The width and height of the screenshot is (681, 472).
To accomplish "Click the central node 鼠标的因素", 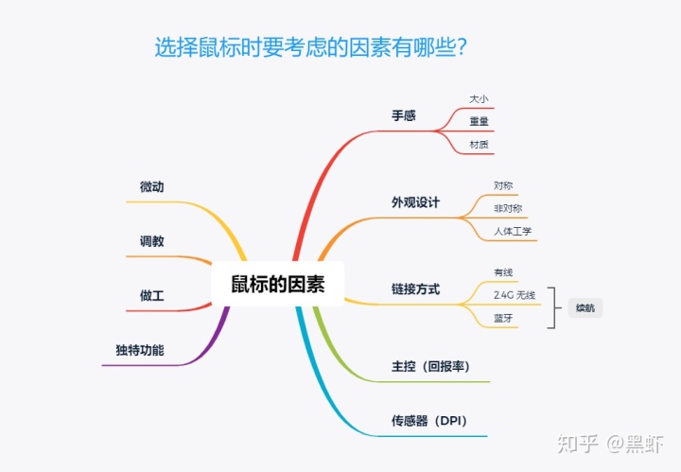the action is (277, 284).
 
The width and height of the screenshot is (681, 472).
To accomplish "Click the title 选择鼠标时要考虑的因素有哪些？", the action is (314, 47).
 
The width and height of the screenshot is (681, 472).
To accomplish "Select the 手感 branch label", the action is (404, 115).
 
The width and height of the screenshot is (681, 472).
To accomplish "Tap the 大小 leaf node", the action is (479, 98).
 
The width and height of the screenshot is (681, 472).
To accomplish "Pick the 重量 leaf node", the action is (479, 121).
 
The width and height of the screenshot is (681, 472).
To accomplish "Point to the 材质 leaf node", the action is (479, 144).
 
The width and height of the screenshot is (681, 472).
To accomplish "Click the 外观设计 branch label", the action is (415, 202).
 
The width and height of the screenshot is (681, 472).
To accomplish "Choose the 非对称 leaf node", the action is (508, 208).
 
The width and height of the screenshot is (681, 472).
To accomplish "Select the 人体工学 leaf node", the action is (513, 231).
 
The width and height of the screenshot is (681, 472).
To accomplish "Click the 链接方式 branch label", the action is (415, 289).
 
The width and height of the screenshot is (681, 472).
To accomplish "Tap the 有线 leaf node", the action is (503, 272).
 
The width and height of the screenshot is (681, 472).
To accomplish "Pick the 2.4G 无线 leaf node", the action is (515, 295).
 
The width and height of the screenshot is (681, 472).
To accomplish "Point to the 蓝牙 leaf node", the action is (503, 319).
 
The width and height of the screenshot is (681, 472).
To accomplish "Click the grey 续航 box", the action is (585, 308).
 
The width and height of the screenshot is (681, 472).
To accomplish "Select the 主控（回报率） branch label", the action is (430, 366).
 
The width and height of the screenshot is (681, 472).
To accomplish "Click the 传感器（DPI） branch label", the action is (428, 420).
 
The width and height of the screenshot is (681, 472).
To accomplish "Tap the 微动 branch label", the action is (151, 187).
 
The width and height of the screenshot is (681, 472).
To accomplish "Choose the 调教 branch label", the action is (151, 241).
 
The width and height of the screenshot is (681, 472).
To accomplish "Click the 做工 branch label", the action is (151, 296).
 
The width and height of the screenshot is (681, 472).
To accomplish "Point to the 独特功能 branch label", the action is (140, 350).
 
